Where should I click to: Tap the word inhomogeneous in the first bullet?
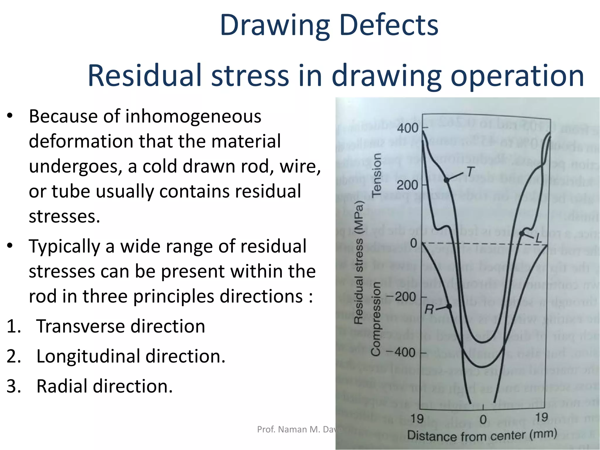pyautogui.click(x=193, y=116)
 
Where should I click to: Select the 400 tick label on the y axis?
pyautogui.click(x=408, y=128)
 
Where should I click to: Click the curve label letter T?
pyautogui.click(x=470, y=172)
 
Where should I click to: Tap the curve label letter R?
pyautogui.click(x=429, y=309)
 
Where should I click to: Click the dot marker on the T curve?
pyautogui.click(x=446, y=180)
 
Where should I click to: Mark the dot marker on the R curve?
pyautogui.click(x=449, y=306)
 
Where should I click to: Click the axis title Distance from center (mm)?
pyautogui.click(x=482, y=435)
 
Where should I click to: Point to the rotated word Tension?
pyautogui.click(x=376, y=175)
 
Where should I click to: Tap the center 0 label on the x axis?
pyautogui.click(x=483, y=420)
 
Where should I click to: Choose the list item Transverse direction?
pyautogui.click(x=120, y=326)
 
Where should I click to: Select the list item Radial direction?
pyautogui.click(x=105, y=386)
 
